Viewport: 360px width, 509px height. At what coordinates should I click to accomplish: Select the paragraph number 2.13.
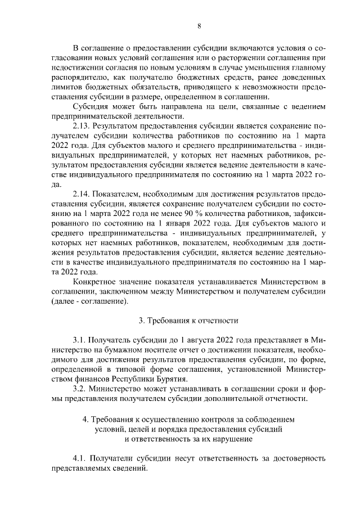point(82,125)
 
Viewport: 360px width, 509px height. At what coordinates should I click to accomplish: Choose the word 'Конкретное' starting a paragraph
point(95,280)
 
